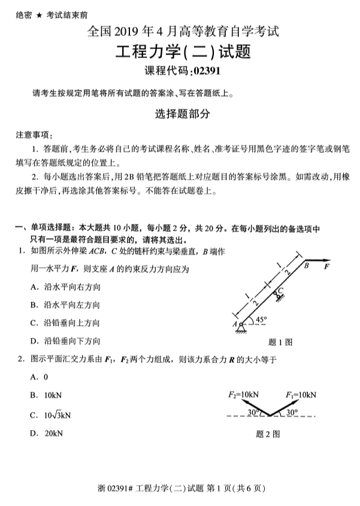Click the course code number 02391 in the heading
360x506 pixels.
[x=210, y=72]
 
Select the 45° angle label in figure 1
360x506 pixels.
[x=261, y=320]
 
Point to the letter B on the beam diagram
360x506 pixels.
[x=305, y=265]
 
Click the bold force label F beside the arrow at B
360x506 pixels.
[x=327, y=267]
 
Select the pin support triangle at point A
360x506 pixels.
[x=240, y=326]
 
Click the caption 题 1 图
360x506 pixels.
[x=280, y=343]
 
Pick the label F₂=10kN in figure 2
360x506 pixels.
[x=243, y=395]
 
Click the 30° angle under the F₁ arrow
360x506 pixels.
[x=292, y=412]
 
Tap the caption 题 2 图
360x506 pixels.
[x=268, y=434]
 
